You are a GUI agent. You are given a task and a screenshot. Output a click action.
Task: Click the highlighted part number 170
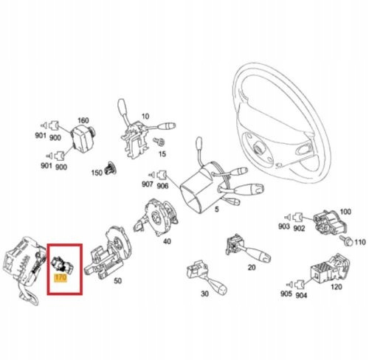(x=61, y=277)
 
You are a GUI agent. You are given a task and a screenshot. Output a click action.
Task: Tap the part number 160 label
(x=83, y=120)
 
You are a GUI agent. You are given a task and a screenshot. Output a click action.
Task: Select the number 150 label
(x=97, y=173)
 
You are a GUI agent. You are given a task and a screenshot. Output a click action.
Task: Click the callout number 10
(x=145, y=116)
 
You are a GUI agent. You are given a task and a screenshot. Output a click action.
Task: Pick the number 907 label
(x=148, y=184)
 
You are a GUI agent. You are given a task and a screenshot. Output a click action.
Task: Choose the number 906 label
(x=162, y=186)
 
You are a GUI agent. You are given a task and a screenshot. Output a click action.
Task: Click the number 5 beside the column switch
(x=216, y=210)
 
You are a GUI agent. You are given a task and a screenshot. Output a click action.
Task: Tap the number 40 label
(x=167, y=241)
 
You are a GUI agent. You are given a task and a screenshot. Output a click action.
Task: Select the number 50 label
(x=118, y=281)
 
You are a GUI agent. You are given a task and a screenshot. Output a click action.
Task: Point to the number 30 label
(x=204, y=294)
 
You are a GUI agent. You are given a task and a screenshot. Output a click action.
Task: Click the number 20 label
(x=252, y=267)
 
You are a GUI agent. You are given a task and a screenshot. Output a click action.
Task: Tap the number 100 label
(x=345, y=212)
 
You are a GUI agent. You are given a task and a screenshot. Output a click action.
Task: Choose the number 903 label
(x=284, y=226)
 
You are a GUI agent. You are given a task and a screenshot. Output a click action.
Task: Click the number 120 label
(x=337, y=287)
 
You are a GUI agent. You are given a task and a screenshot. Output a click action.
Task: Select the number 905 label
(x=286, y=294)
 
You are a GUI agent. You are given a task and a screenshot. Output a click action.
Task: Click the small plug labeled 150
(x=110, y=168)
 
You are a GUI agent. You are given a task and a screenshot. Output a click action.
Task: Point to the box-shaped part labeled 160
(x=83, y=138)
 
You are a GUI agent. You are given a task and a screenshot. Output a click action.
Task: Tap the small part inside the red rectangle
(x=62, y=265)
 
